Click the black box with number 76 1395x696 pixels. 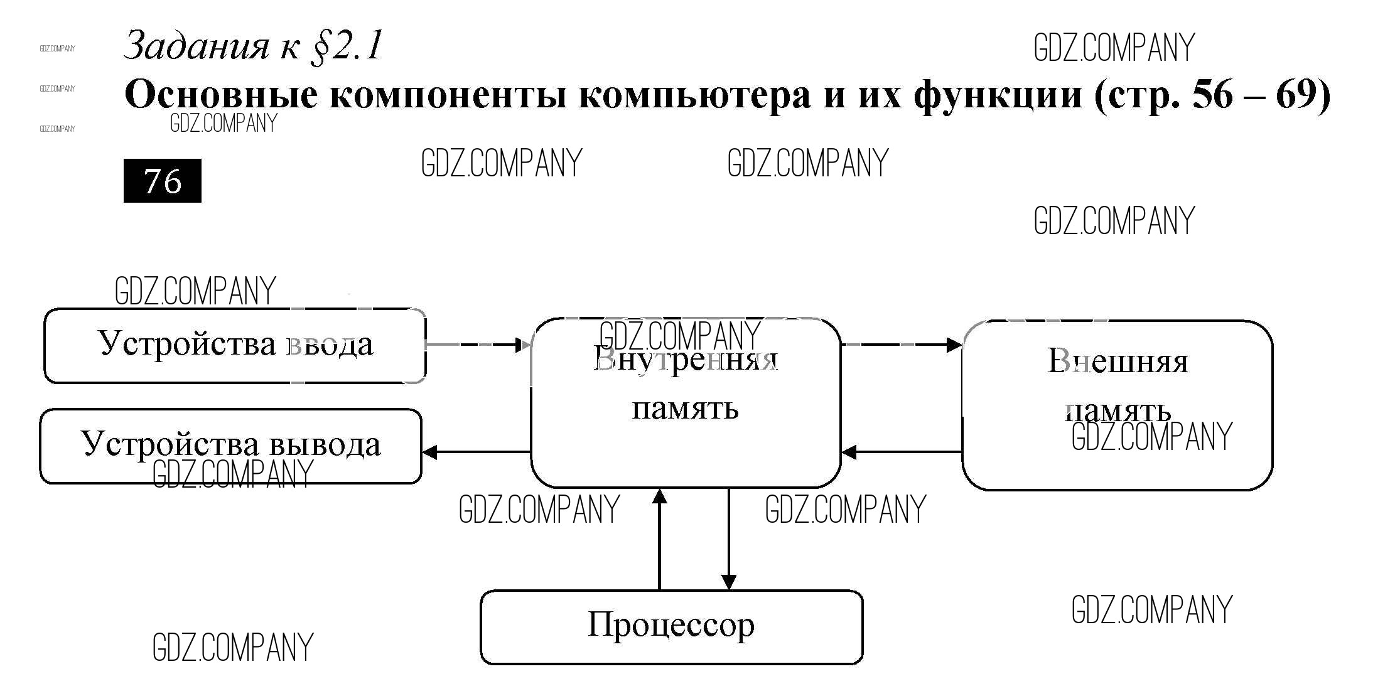click(162, 181)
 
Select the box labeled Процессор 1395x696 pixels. click(671, 626)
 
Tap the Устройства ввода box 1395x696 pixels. click(235, 345)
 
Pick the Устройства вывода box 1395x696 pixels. click(230, 446)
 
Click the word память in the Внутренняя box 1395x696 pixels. click(685, 409)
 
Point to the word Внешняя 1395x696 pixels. click(1118, 361)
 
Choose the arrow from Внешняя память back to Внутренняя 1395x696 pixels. click(902, 452)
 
